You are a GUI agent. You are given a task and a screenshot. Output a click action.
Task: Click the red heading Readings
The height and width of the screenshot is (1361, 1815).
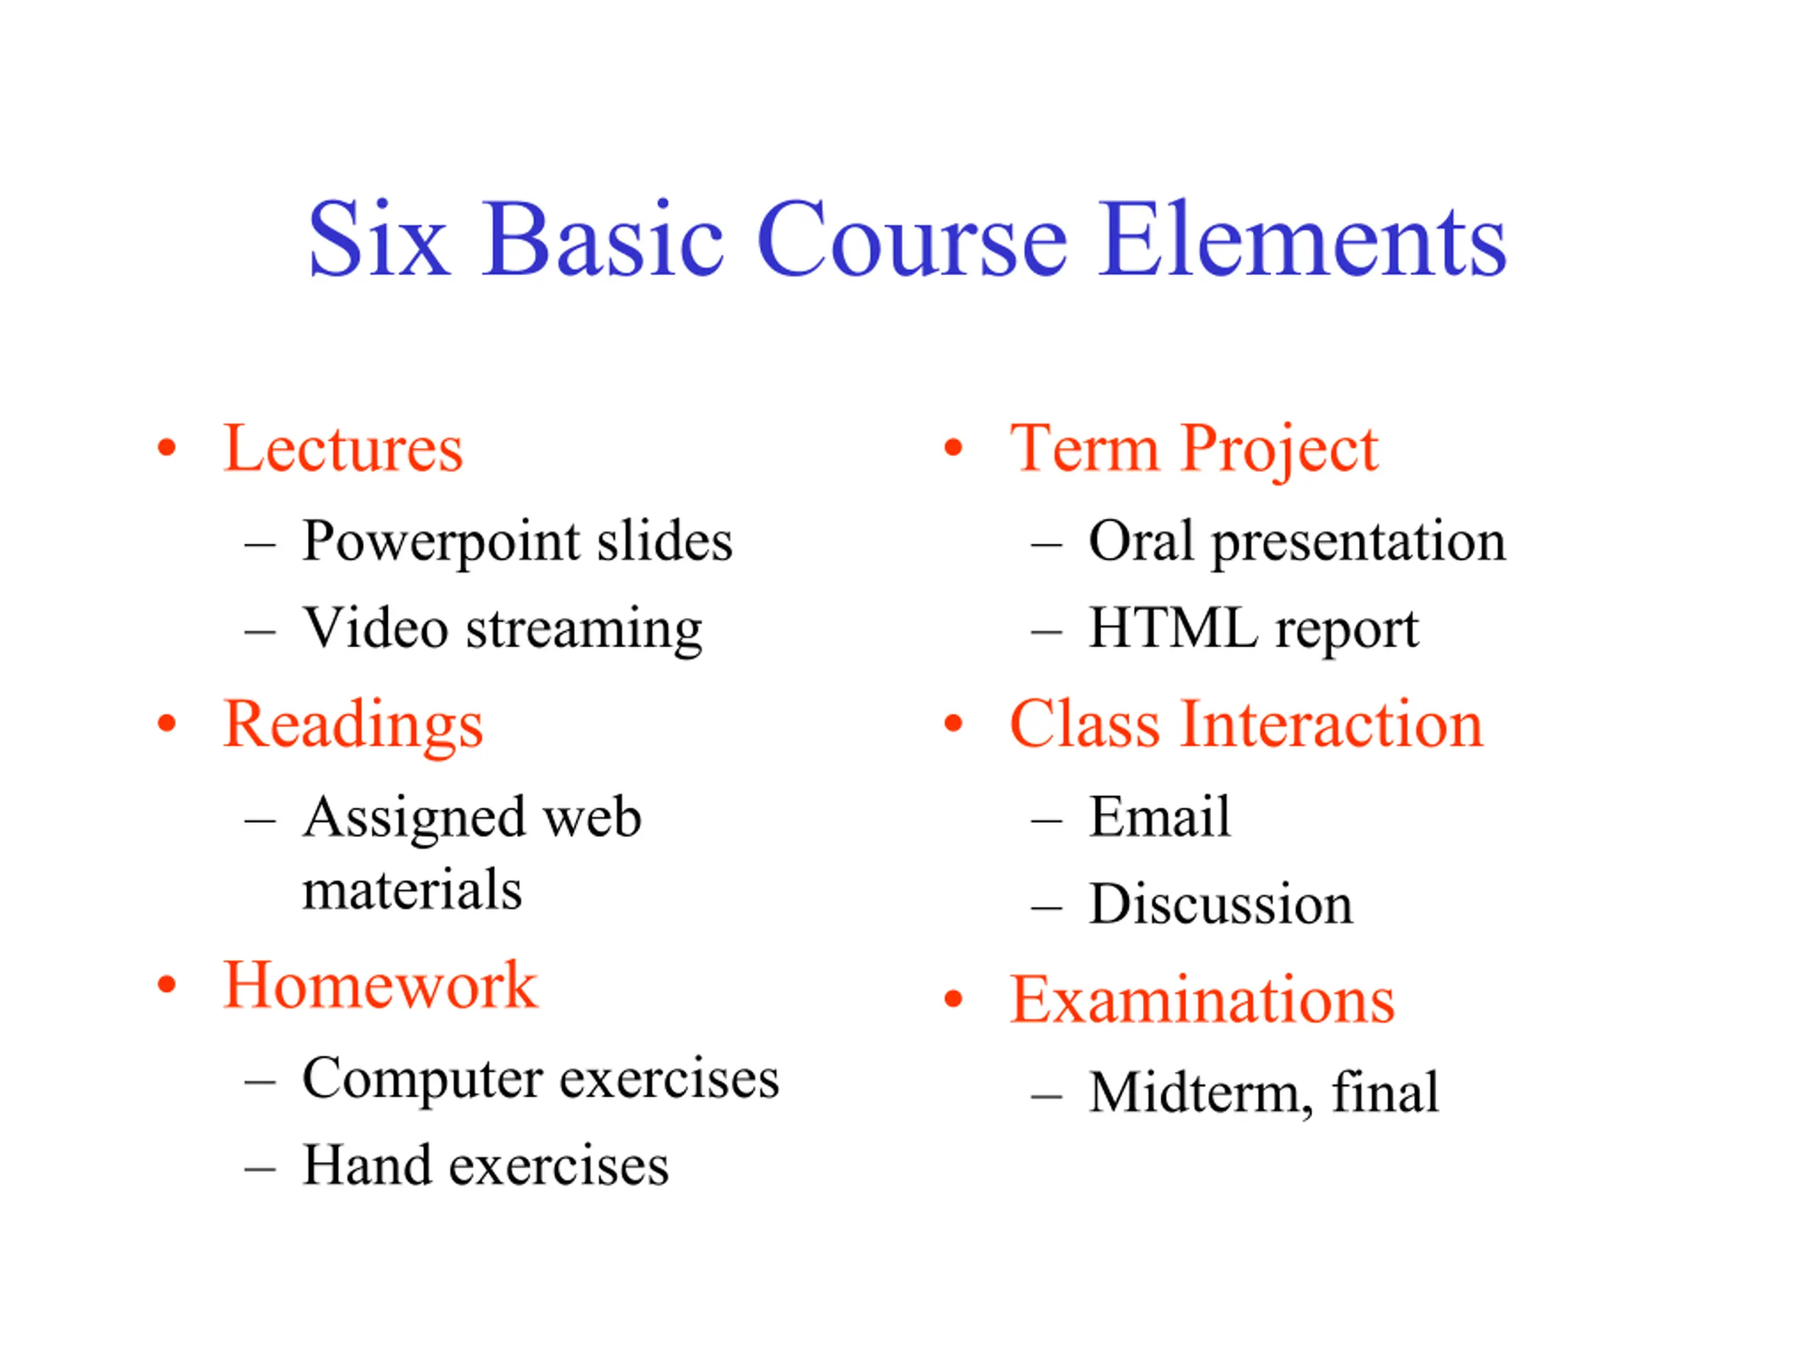(353, 726)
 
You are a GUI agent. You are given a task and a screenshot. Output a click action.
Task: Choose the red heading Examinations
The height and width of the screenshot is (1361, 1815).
(1202, 999)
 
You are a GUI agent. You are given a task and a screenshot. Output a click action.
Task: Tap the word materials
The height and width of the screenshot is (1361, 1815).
(412, 890)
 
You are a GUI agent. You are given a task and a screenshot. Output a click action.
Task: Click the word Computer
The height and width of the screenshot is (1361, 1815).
(422, 1080)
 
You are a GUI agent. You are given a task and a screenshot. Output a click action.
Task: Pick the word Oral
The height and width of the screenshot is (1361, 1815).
(1141, 541)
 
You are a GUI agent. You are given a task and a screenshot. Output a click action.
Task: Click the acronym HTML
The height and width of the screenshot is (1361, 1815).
(1173, 629)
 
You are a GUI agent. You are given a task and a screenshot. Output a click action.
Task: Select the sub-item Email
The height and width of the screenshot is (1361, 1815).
(1160, 817)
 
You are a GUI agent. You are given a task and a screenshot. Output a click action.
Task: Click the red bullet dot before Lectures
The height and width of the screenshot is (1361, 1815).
(167, 448)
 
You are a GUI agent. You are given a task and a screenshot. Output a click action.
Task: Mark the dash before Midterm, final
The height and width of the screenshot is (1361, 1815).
(1047, 1096)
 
